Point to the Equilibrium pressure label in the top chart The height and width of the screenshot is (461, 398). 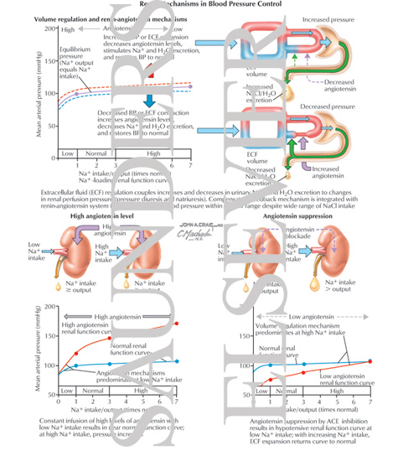[73, 65]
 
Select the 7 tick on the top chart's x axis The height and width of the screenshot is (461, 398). [191, 165]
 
